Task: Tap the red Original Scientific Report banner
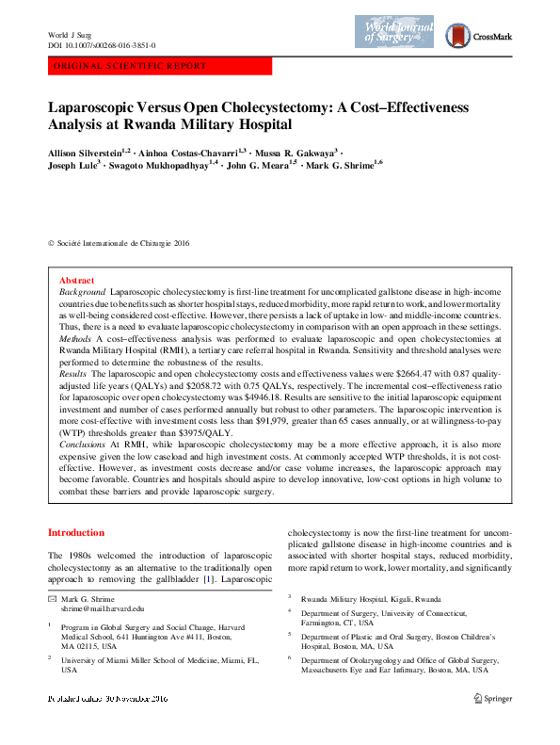coord(159,66)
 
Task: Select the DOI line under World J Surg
coord(102,45)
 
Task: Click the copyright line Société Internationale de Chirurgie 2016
coord(123,243)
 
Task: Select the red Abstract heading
coord(76,281)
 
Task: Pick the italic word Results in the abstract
coord(74,373)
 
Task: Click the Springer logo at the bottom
coord(493,698)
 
